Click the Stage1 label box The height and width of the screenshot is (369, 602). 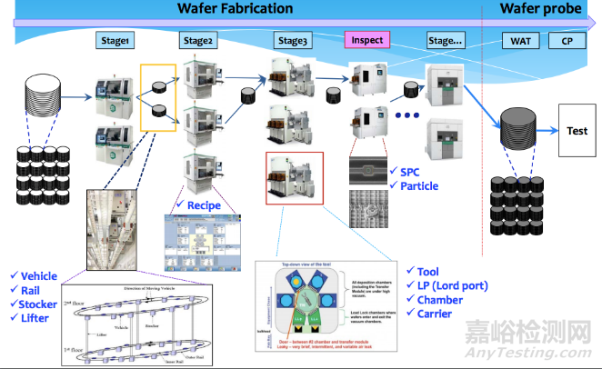pyautogui.click(x=115, y=41)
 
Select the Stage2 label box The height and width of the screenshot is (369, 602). pyautogui.click(x=198, y=41)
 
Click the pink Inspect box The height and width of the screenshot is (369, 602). pyautogui.click(x=366, y=41)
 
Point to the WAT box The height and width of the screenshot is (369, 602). pyautogui.click(x=521, y=41)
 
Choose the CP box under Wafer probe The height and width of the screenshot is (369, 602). pyautogui.click(x=567, y=41)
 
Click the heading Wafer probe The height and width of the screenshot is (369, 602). pyautogui.click(x=540, y=9)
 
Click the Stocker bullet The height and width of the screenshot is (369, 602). pyautogui.click(x=38, y=305)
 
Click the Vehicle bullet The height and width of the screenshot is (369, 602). pyautogui.click(x=37, y=276)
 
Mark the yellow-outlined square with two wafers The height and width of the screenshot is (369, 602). pyautogui.click(x=158, y=98)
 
